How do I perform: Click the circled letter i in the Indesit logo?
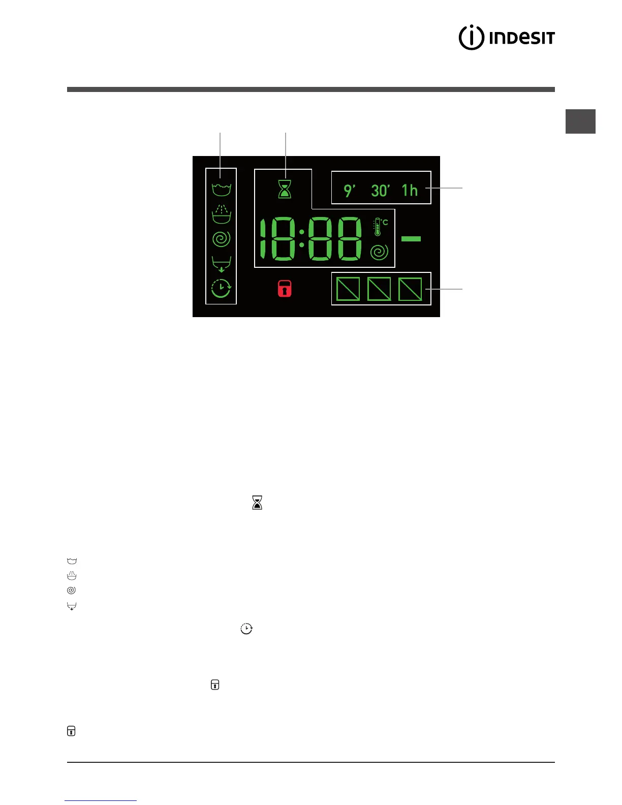tap(471, 38)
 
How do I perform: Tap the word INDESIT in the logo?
tap(522, 38)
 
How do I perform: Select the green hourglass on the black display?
tap(285, 188)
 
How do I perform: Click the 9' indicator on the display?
tap(349, 191)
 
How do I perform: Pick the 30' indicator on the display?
tap(380, 191)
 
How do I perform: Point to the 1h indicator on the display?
tap(410, 190)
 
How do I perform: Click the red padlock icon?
tap(285, 289)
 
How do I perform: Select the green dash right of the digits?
tap(411, 238)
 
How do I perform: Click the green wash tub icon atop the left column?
tap(221, 190)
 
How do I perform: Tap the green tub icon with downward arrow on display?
tap(221, 264)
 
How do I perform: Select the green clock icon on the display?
tap(221, 289)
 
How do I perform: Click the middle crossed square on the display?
tap(379, 289)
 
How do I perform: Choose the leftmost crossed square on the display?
tap(348, 289)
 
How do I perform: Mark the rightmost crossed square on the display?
tap(410, 289)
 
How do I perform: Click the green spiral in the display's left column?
tap(221, 239)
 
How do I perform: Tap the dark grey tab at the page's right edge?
tap(580, 121)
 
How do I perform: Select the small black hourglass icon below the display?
tap(257, 503)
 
